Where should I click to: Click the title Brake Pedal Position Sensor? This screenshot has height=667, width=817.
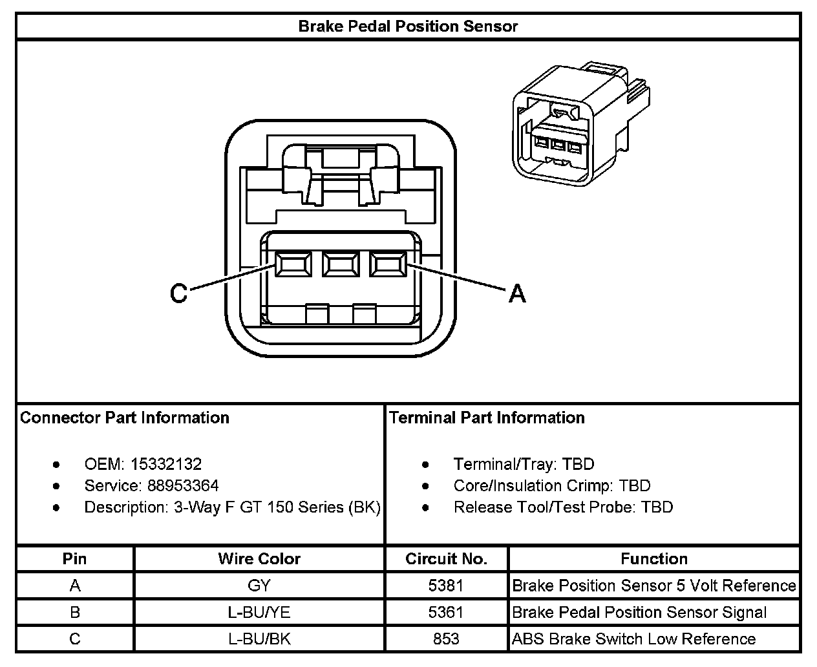[408, 26]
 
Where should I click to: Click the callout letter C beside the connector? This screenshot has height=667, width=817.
[178, 294]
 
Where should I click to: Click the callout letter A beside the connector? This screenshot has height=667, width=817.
[517, 294]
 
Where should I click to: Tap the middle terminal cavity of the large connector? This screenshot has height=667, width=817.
[341, 265]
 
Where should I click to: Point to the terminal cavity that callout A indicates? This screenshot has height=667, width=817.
[387, 265]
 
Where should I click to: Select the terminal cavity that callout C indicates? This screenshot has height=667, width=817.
[293, 265]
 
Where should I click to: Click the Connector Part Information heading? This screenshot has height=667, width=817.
[125, 418]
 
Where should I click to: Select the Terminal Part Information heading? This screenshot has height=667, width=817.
[487, 418]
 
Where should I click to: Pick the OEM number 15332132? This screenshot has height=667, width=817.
[165, 464]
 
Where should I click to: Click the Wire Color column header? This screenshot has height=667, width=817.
[259, 558]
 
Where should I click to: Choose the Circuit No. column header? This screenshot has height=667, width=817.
[446, 558]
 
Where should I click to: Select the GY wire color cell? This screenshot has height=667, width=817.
[259, 586]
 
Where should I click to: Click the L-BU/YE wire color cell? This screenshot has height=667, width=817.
[259, 612]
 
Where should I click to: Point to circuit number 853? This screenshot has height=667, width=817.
[446, 639]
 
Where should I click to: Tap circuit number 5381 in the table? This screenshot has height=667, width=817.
[446, 586]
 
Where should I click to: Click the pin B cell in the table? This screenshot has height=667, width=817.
[75, 612]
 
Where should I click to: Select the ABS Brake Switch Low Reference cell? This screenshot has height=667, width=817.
[633, 639]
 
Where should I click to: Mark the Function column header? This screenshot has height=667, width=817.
[654, 558]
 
